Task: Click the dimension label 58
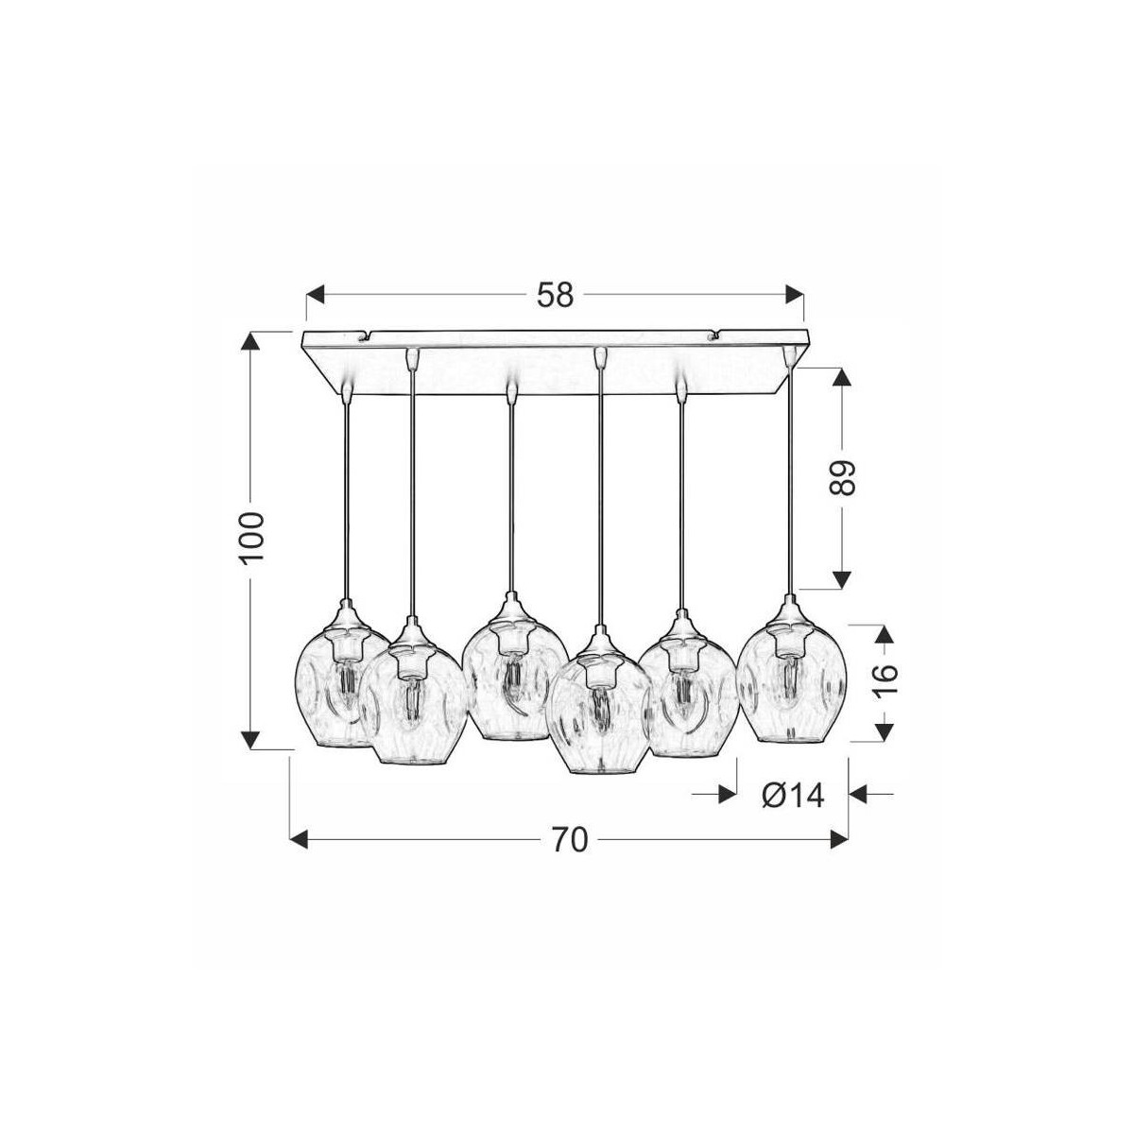[x=555, y=295]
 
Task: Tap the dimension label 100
[x=252, y=538]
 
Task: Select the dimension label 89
[x=841, y=478]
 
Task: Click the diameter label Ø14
[x=792, y=796]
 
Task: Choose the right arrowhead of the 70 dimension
[x=839, y=838]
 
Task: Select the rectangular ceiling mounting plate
[x=556, y=364]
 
